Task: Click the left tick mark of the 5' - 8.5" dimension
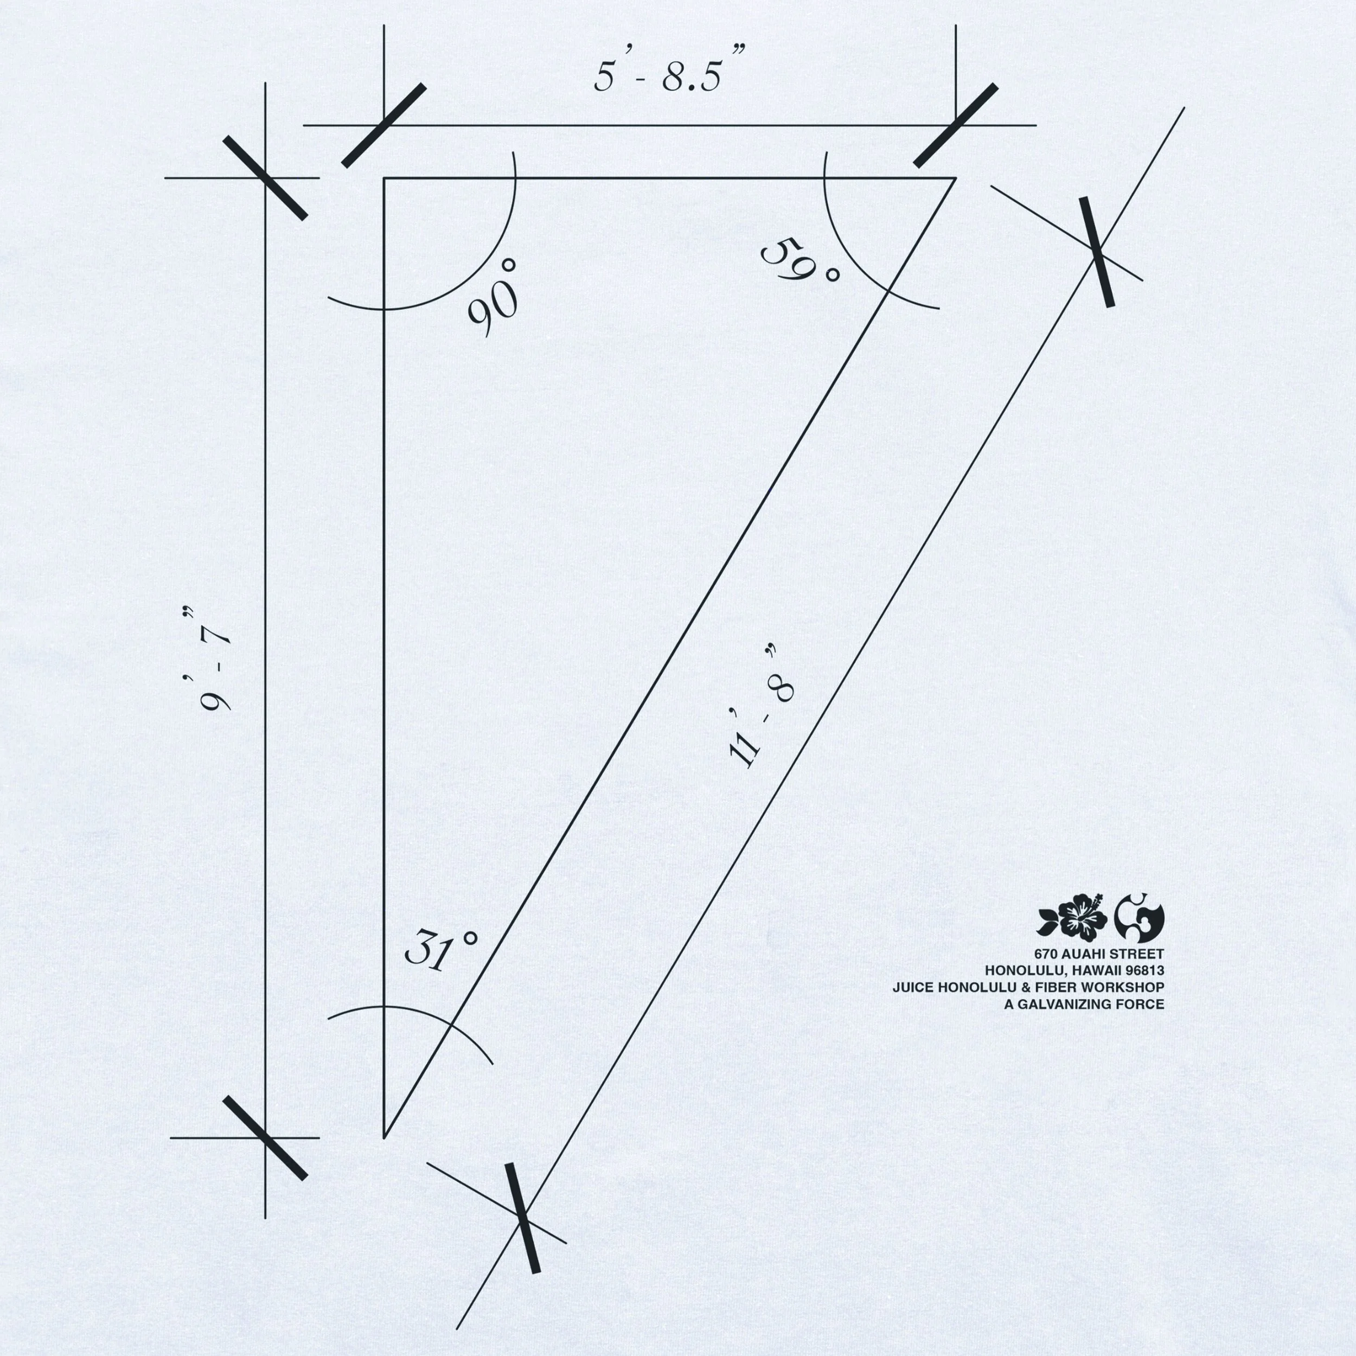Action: coord(384,126)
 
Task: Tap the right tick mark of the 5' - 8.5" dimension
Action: coord(956,126)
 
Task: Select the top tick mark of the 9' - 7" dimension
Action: coord(265,178)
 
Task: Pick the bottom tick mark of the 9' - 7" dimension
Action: coord(265,1138)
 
